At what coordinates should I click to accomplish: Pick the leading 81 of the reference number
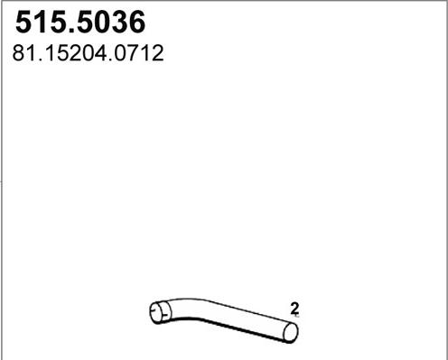click(x=23, y=54)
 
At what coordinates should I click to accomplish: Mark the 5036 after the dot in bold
click(x=110, y=20)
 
